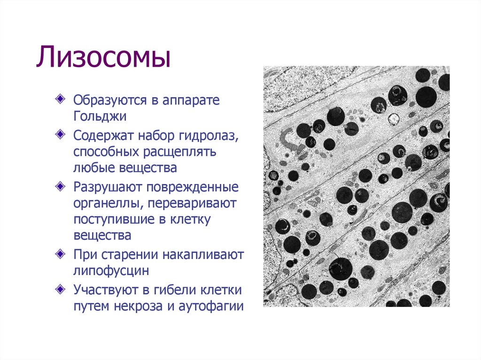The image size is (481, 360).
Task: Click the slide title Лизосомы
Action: (103, 57)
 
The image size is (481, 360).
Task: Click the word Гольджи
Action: (100, 117)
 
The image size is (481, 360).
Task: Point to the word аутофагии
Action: (211, 306)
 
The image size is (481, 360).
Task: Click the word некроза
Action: (138, 306)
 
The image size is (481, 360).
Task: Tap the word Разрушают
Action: (108, 187)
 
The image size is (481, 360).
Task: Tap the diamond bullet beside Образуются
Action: (60, 99)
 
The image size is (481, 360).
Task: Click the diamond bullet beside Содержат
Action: (60, 134)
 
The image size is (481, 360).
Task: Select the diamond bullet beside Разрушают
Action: (60, 186)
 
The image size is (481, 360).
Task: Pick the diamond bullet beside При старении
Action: (60, 253)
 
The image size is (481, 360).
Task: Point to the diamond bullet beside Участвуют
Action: (60, 289)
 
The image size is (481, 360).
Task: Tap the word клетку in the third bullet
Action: (190, 220)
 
